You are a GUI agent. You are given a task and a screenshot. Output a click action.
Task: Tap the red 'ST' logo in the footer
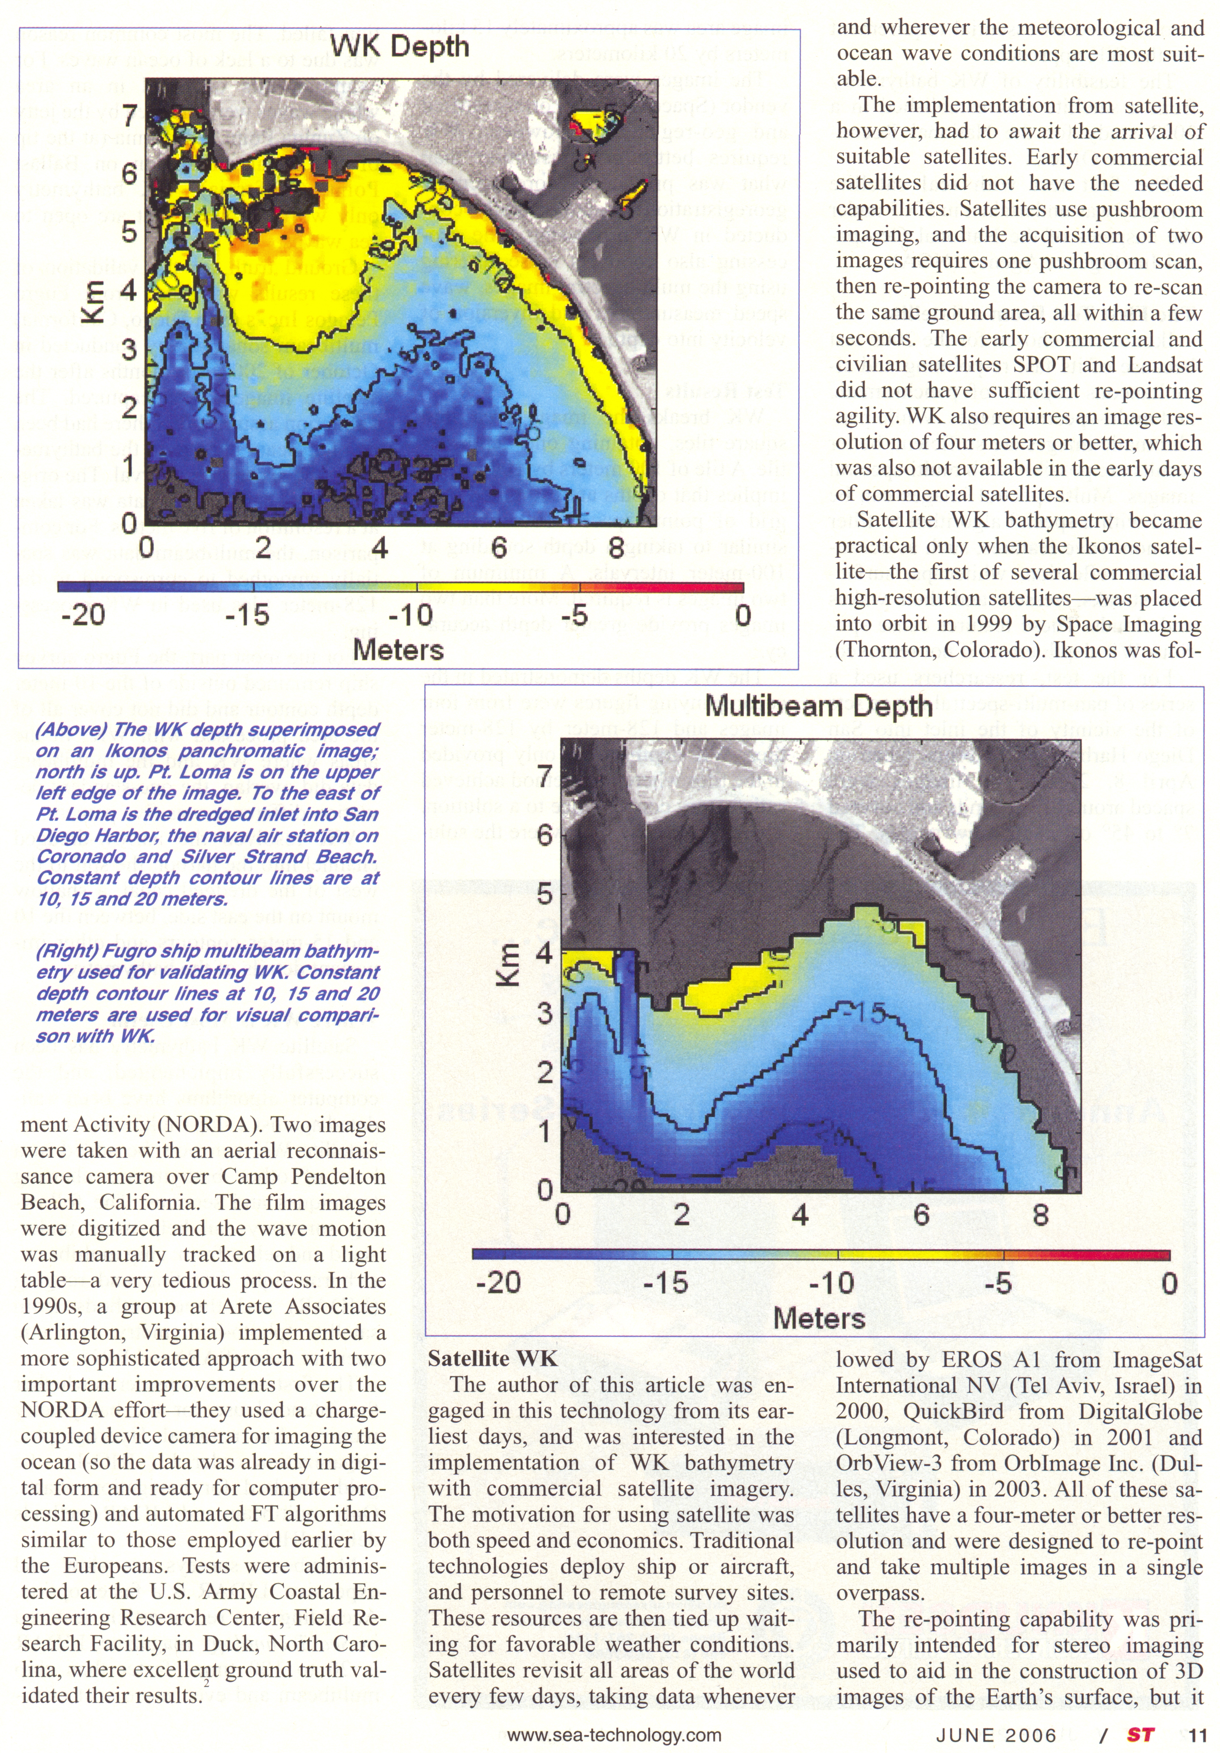tap(1140, 1735)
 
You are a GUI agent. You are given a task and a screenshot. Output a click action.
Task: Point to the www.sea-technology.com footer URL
tap(614, 1735)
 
